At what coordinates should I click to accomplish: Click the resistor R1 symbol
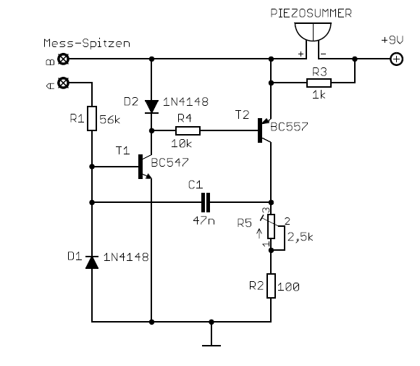tap(92, 118)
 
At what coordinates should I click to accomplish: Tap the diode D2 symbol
tap(151, 107)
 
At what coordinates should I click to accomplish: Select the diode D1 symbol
tap(92, 262)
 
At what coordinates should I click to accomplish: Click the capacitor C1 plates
tap(206, 202)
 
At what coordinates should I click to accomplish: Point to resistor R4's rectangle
tap(188, 131)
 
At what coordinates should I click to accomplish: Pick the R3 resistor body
tap(319, 83)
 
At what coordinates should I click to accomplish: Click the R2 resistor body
tap(271, 286)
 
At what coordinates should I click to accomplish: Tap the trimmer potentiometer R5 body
tap(272, 226)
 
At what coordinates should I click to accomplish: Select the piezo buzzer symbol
tap(313, 32)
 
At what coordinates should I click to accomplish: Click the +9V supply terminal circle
tap(397, 59)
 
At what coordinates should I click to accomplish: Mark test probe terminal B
tap(64, 59)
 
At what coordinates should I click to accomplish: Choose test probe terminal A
tap(64, 83)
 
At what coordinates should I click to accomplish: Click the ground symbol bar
tap(211, 346)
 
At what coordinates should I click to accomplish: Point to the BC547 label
tap(170, 162)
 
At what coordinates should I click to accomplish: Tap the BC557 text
tap(289, 127)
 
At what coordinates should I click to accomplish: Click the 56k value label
tap(110, 120)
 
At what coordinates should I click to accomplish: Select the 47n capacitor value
tap(203, 220)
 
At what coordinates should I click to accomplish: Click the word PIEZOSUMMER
tap(311, 13)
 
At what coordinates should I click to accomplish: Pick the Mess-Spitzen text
tap(87, 43)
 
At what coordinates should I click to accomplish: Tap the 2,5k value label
tap(301, 237)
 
